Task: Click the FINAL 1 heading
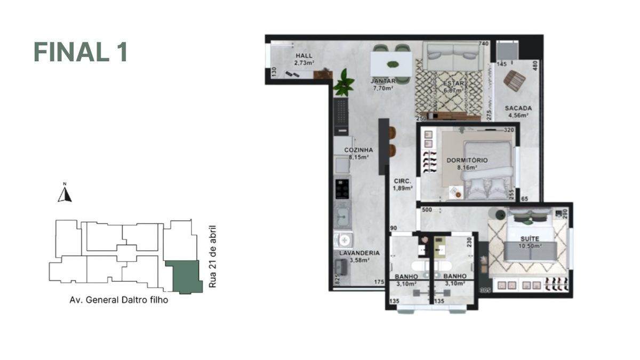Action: (81, 52)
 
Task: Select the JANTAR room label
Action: (383, 82)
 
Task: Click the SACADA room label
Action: (518, 108)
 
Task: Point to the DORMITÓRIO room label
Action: (467, 160)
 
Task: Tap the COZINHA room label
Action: (358, 150)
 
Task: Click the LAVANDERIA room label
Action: (359, 253)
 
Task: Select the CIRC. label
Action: (402, 181)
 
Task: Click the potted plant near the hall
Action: (344, 83)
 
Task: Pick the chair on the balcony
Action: (515, 81)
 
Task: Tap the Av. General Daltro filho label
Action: (118, 300)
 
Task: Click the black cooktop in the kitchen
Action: (342, 189)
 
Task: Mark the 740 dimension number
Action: (483, 44)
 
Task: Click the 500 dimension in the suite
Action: (427, 210)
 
